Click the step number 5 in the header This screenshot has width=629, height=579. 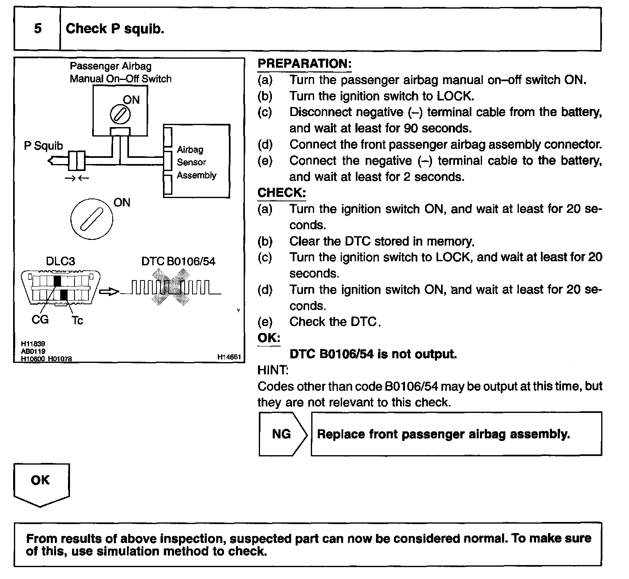tap(38, 29)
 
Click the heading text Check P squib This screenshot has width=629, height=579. tap(115, 29)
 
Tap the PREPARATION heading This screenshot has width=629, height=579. tap(304, 64)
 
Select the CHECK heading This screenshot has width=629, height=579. tap(281, 193)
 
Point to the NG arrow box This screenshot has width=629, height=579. tap(282, 434)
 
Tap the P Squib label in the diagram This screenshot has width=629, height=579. tap(43, 146)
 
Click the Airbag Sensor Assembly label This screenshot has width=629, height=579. tap(196, 162)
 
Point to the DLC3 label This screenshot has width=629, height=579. tap(60, 261)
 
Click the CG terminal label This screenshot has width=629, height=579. tap(40, 319)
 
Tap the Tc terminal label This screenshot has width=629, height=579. tap(77, 320)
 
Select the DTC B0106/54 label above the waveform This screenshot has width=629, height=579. tap(178, 261)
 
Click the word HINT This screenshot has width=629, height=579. tap(273, 370)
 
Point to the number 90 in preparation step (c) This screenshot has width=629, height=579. tap(411, 128)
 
